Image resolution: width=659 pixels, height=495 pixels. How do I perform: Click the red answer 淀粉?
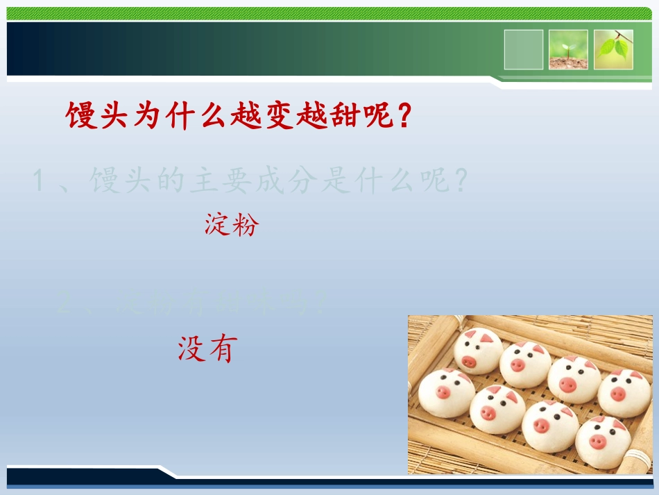(x=231, y=225)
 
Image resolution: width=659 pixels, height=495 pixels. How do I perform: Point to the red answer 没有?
(x=207, y=349)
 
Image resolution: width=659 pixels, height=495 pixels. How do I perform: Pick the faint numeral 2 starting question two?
(x=64, y=304)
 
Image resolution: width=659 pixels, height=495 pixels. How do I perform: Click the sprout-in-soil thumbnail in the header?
(x=568, y=49)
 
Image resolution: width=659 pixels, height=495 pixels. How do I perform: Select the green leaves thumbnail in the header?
(x=613, y=49)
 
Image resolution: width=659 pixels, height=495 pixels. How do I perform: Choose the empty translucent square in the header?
(x=524, y=49)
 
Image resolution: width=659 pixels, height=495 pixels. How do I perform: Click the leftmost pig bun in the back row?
(x=478, y=351)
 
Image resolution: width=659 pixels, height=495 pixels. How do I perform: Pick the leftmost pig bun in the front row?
(x=446, y=392)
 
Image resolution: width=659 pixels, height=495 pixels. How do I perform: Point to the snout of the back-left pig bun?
(x=470, y=361)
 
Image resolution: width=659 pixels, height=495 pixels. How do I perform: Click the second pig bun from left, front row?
(x=497, y=409)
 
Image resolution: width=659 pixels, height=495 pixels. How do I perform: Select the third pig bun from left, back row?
(x=574, y=378)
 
